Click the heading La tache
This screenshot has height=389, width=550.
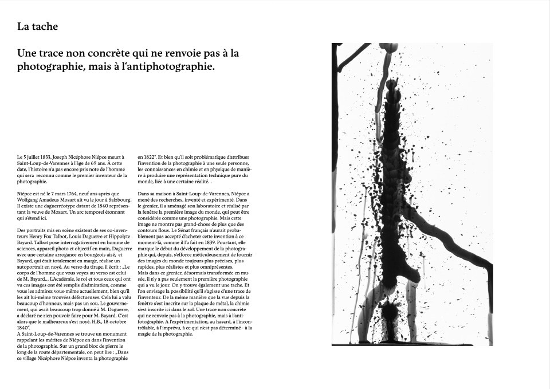[x=37, y=26]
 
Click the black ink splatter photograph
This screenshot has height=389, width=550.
[x=412, y=194]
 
